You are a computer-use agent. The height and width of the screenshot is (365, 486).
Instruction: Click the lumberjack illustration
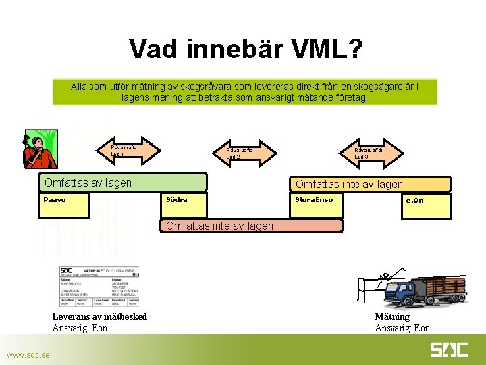[x=40, y=149]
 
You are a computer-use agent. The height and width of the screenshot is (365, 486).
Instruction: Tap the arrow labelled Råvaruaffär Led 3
[x=369, y=152]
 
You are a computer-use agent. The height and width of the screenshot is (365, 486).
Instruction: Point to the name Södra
[x=177, y=200]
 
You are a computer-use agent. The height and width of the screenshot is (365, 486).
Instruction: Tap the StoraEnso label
[x=315, y=200]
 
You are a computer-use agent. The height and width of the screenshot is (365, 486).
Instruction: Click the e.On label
[x=414, y=201]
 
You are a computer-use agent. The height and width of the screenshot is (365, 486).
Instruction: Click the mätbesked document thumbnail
[x=99, y=287]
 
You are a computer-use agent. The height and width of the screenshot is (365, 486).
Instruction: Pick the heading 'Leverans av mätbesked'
[x=100, y=317]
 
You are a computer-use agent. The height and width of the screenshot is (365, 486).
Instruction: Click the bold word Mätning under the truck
[x=392, y=317]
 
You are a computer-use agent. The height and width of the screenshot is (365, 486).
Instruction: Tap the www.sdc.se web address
[x=28, y=355]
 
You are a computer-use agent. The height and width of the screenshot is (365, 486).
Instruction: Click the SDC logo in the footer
[x=450, y=350]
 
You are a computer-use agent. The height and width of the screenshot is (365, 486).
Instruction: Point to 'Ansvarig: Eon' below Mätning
[x=402, y=328]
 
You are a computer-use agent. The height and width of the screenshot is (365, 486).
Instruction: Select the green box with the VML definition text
[x=245, y=92]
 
